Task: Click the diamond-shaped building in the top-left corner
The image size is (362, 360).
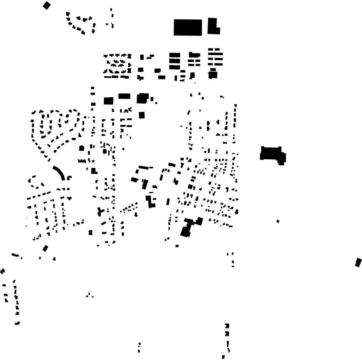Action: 47,5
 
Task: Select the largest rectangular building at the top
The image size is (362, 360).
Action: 188,27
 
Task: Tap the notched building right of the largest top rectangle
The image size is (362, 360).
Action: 213,26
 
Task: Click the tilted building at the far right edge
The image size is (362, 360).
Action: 358,262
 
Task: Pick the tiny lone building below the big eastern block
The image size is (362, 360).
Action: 278,221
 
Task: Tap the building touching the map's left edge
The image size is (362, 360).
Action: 2,271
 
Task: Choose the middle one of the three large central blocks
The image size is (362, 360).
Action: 124,96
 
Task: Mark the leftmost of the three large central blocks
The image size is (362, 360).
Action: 109,101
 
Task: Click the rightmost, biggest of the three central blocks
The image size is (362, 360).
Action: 142,98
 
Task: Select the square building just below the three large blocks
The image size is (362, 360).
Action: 142,115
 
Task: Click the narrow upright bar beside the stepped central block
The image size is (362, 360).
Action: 168,201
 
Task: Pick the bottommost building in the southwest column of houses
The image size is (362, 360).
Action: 18,323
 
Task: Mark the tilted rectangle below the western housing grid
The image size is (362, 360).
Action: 46,248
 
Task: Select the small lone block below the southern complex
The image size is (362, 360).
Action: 177,246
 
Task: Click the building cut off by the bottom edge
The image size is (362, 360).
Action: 223,357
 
